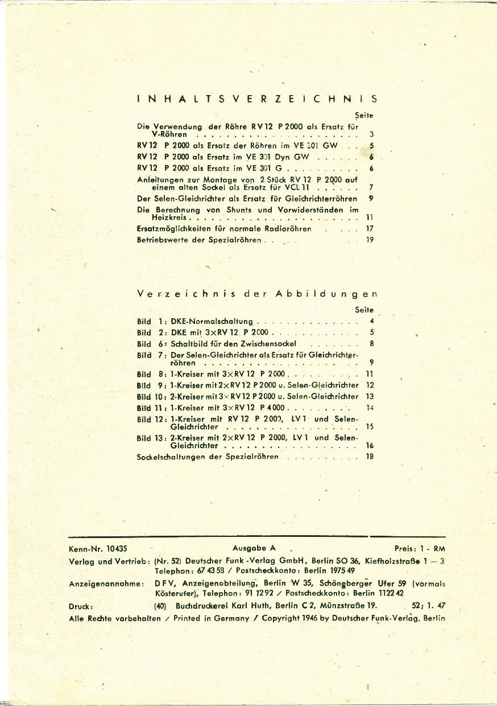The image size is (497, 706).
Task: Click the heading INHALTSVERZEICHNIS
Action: tap(256, 98)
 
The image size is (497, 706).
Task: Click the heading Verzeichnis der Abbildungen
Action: tap(257, 294)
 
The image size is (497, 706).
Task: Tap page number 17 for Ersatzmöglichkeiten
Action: tap(370, 229)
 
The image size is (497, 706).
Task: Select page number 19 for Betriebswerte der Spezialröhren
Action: tap(370, 240)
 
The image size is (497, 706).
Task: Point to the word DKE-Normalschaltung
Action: tap(212, 322)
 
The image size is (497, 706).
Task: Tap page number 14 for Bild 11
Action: tap(370, 408)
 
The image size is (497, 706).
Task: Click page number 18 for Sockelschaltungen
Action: tap(370, 457)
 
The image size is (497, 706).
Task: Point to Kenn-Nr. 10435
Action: tap(98, 549)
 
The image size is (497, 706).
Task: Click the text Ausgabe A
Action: tap(254, 548)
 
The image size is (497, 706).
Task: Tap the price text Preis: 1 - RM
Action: tap(420, 549)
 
